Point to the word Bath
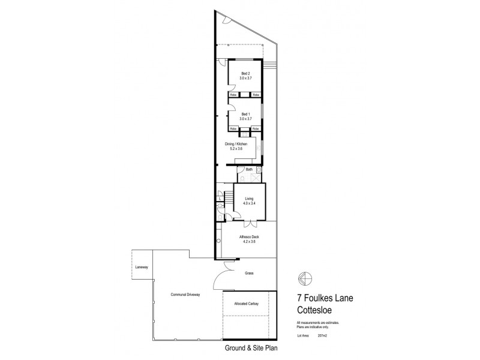click(x=248, y=170)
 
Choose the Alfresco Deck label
click(x=249, y=237)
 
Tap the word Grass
click(x=249, y=273)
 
